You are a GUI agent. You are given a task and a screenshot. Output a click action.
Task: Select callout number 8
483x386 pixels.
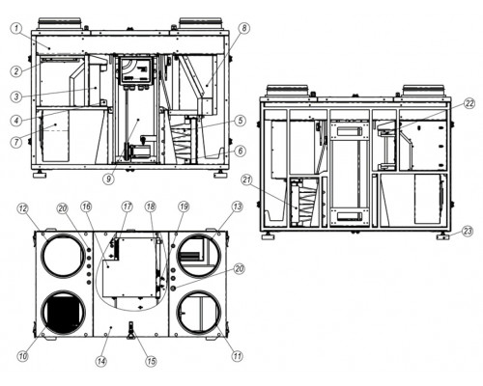(244, 28)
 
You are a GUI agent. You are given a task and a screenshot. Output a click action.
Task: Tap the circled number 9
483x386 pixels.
(109, 179)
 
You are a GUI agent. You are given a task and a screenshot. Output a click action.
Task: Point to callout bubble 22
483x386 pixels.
(469, 103)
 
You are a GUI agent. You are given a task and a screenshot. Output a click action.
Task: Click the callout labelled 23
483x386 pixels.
(468, 231)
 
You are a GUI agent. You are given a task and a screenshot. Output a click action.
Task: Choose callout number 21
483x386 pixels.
(247, 180)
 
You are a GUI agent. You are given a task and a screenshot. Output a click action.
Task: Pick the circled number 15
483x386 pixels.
(151, 361)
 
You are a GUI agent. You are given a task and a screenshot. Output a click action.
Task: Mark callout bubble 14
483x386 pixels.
(101, 361)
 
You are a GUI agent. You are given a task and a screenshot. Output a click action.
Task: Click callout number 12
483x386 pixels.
(23, 208)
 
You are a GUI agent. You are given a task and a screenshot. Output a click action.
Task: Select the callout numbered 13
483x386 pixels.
(238, 207)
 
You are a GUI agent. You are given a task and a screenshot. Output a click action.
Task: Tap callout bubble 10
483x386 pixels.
(23, 356)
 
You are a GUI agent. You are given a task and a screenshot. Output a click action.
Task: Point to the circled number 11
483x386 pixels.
(238, 356)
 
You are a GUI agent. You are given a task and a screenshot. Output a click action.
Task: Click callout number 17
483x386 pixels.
(127, 207)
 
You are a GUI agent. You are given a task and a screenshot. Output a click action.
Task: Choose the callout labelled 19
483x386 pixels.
(184, 207)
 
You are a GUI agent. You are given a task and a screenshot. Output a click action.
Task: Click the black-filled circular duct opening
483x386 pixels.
(64, 313)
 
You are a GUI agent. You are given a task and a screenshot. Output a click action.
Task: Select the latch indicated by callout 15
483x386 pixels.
(131, 330)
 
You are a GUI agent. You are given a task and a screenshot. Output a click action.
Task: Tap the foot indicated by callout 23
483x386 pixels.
(443, 237)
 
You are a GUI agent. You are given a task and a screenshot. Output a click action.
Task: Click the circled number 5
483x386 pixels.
(241, 121)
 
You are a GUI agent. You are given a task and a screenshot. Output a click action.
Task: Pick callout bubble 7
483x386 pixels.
(16, 141)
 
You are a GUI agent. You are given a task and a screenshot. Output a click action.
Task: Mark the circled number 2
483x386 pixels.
(16, 70)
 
